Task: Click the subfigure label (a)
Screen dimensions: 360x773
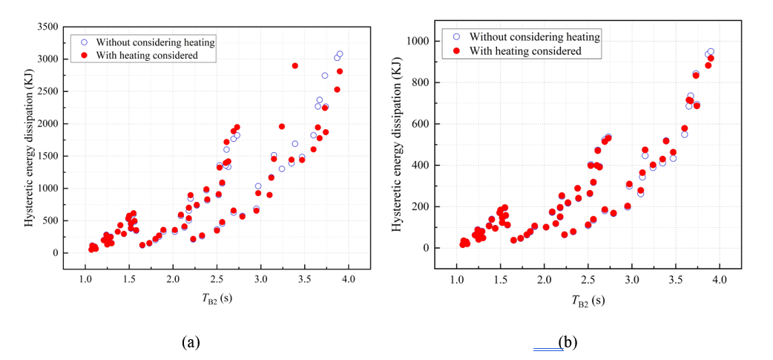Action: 191,342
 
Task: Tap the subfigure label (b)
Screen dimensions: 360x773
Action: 567,342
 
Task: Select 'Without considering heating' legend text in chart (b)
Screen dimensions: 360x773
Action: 535,37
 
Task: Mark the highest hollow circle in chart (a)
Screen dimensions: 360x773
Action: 340,54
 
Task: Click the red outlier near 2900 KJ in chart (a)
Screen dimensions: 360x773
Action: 295,65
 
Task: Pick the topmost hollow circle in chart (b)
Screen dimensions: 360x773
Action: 711,52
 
